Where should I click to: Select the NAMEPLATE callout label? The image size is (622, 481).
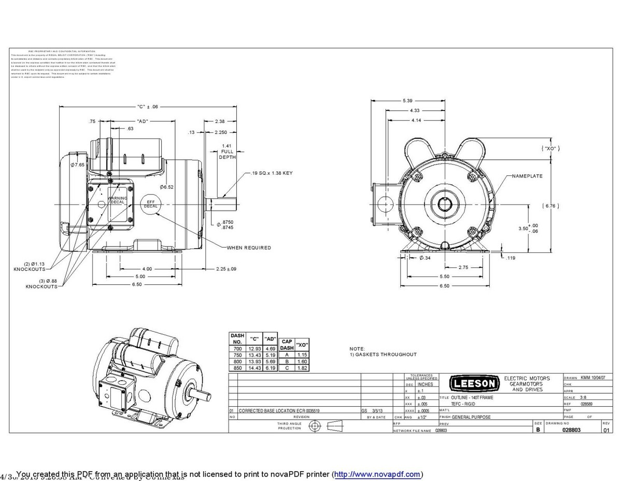point(527,176)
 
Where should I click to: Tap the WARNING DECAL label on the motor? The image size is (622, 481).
point(117,200)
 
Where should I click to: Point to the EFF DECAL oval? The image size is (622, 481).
point(151,203)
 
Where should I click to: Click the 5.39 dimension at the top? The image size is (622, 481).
point(407,100)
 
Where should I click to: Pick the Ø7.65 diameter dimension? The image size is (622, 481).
point(77,164)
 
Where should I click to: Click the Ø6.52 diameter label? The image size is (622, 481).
point(166,187)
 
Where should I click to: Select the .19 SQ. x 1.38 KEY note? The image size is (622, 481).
point(272,173)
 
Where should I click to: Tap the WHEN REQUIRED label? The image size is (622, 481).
point(249,248)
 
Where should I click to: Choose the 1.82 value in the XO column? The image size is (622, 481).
point(303,367)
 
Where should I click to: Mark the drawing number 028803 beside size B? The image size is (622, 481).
point(571,430)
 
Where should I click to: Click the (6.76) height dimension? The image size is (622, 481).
point(550,206)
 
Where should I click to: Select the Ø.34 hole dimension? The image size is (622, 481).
point(425,257)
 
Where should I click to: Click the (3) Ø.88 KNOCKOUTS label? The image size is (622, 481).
point(42,284)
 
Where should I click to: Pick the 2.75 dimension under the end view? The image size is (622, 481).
point(464,267)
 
